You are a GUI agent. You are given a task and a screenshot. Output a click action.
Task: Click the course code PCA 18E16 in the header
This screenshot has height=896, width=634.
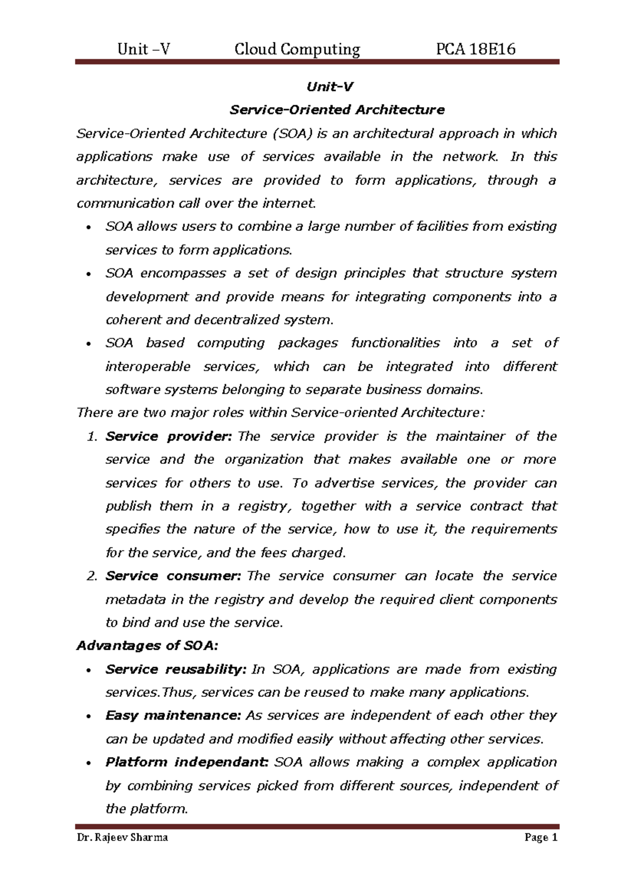coord(475,49)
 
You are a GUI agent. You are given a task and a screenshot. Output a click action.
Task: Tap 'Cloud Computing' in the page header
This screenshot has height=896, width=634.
coord(297,49)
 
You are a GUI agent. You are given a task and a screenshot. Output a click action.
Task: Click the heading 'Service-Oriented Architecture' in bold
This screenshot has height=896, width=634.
coord(337,110)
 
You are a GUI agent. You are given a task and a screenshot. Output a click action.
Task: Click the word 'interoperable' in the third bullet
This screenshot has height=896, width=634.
coord(148,366)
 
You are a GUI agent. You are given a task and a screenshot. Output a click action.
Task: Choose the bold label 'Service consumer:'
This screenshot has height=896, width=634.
coord(173,576)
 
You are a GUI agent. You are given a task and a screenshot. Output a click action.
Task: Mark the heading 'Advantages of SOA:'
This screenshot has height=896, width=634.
coord(147,646)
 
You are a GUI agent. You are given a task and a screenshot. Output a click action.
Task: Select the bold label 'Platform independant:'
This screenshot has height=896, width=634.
coord(187,762)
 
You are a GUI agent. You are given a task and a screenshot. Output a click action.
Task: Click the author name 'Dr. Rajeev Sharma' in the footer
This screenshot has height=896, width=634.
coord(122,837)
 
